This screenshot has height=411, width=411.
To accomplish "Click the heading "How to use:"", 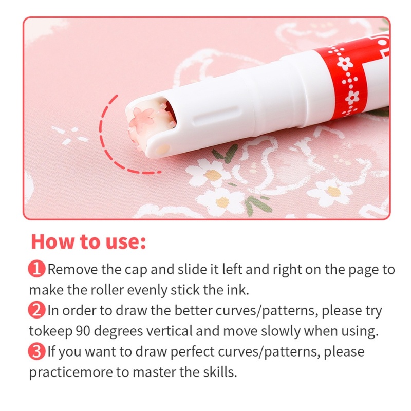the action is pyautogui.click(x=88, y=241).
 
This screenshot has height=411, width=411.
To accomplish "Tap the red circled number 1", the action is pyautogui.click(x=36, y=269).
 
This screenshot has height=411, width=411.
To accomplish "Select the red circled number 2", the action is pyautogui.click(x=36, y=310).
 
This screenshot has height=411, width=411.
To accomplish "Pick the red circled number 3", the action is pyautogui.click(x=36, y=351).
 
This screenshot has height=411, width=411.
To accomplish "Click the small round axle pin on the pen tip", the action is pyautogui.click(x=162, y=150).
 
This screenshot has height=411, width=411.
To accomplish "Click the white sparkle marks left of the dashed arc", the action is pyautogui.click(x=70, y=135).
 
